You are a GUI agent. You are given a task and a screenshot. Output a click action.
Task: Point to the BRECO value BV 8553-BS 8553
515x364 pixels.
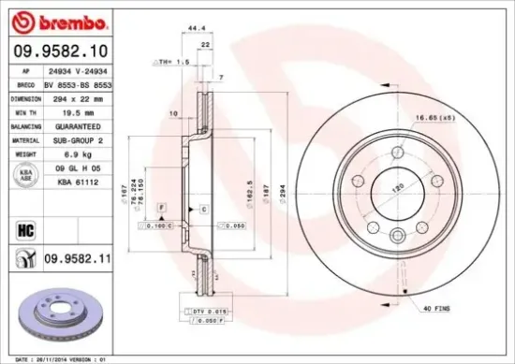(x=79, y=84)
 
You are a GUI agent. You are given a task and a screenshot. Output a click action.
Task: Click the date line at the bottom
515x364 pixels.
(x=63, y=358)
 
